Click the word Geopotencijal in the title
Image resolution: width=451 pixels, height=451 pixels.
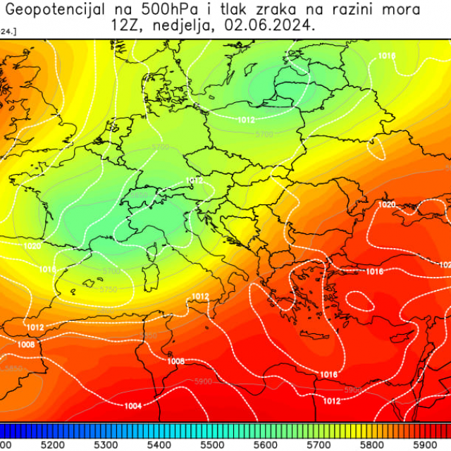[54, 10]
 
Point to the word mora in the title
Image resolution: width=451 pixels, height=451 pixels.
[402, 10]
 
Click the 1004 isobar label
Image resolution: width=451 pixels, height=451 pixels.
[132, 405]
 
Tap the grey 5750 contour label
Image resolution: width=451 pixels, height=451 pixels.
[109, 289]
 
